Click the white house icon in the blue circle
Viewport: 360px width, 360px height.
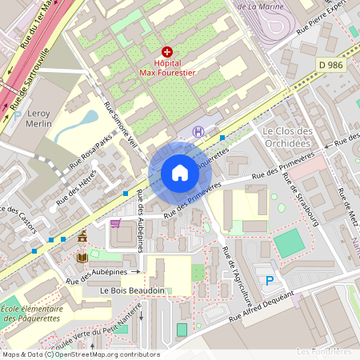179,173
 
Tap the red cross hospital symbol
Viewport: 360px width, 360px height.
167,51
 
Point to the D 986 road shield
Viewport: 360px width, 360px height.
330,62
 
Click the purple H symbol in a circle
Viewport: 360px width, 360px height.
198,131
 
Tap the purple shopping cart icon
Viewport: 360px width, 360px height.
115,223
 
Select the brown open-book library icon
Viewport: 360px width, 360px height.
82,258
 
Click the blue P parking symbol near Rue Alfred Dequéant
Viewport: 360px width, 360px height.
270,280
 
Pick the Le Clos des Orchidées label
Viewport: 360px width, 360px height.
286,137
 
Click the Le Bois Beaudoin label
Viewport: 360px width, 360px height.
133,290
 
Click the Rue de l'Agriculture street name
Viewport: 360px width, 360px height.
239,276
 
